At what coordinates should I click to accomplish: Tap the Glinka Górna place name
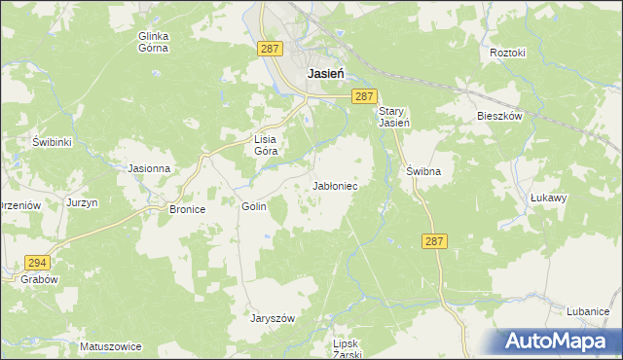pos(154,43)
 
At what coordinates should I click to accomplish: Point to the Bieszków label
pos(500,116)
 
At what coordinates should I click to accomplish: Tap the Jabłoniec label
pos(339,185)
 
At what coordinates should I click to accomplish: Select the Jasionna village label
pos(150,167)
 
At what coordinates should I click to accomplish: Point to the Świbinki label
pos(53,141)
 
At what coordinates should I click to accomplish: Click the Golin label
pos(253,206)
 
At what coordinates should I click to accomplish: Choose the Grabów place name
pos(38,278)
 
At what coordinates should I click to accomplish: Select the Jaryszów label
pos(272,318)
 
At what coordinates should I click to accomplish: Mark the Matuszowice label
pos(111,346)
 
